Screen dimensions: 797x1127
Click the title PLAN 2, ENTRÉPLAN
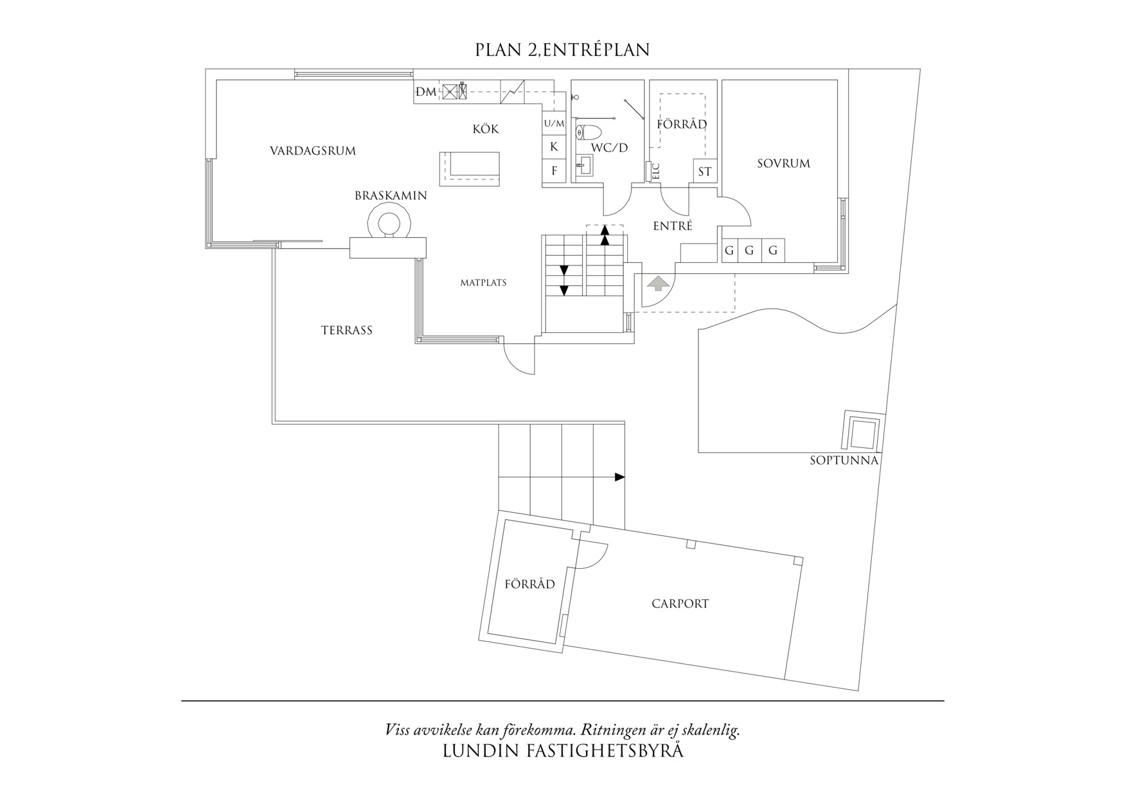click(562, 50)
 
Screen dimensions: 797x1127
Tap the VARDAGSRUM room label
click(312, 151)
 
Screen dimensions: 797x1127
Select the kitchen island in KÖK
click(469, 168)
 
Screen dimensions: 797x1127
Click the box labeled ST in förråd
click(704, 172)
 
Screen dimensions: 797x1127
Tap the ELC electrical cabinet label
click(656, 171)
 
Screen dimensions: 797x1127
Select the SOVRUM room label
click(783, 163)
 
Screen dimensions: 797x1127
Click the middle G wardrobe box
click(749, 251)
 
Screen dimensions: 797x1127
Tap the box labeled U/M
click(554, 123)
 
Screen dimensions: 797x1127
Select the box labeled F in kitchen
click(554, 172)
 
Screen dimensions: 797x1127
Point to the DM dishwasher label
click(425, 93)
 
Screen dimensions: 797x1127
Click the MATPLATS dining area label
click(483, 283)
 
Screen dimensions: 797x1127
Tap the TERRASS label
click(347, 330)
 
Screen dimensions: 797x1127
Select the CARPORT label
click(680, 604)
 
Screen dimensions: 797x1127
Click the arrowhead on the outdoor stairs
click(619, 477)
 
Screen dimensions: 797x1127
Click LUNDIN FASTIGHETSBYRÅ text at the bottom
click(563, 751)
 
